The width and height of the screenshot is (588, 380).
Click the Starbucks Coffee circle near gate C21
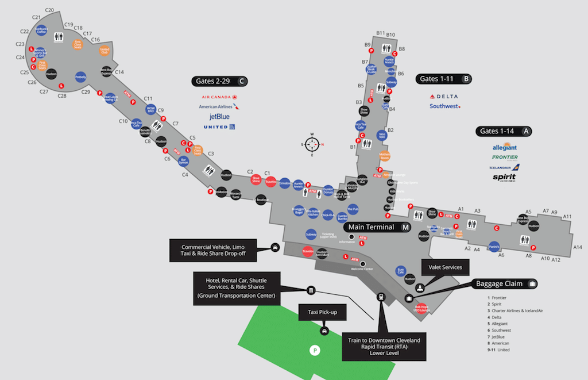point(41,31)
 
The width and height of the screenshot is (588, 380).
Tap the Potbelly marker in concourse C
point(81,77)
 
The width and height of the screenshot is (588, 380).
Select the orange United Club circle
point(105,51)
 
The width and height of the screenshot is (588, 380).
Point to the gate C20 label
point(49,10)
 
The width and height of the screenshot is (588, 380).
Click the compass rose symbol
point(312,145)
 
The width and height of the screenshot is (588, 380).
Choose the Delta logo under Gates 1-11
point(444,97)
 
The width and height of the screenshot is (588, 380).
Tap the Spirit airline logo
point(504,177)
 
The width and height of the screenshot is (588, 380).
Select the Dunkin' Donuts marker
point(328,190)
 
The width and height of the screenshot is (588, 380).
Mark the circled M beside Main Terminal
point(405,227)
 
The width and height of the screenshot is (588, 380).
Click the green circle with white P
point(314,350)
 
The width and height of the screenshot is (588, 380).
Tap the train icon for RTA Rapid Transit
point(380,297)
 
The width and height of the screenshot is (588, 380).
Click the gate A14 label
point(578,247)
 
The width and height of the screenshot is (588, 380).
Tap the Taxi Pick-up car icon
point(324,331)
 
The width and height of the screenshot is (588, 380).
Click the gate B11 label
point(380,33)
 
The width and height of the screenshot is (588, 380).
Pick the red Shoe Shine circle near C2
point(257,179)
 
